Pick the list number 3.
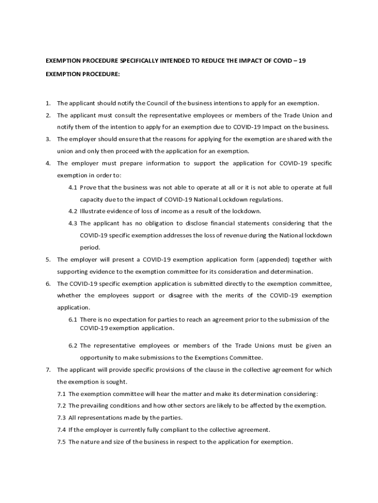(48, 139)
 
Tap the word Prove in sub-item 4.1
(88, 188)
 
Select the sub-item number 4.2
(73, 211)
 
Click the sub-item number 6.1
(73, 319)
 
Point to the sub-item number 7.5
(61, 442)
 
